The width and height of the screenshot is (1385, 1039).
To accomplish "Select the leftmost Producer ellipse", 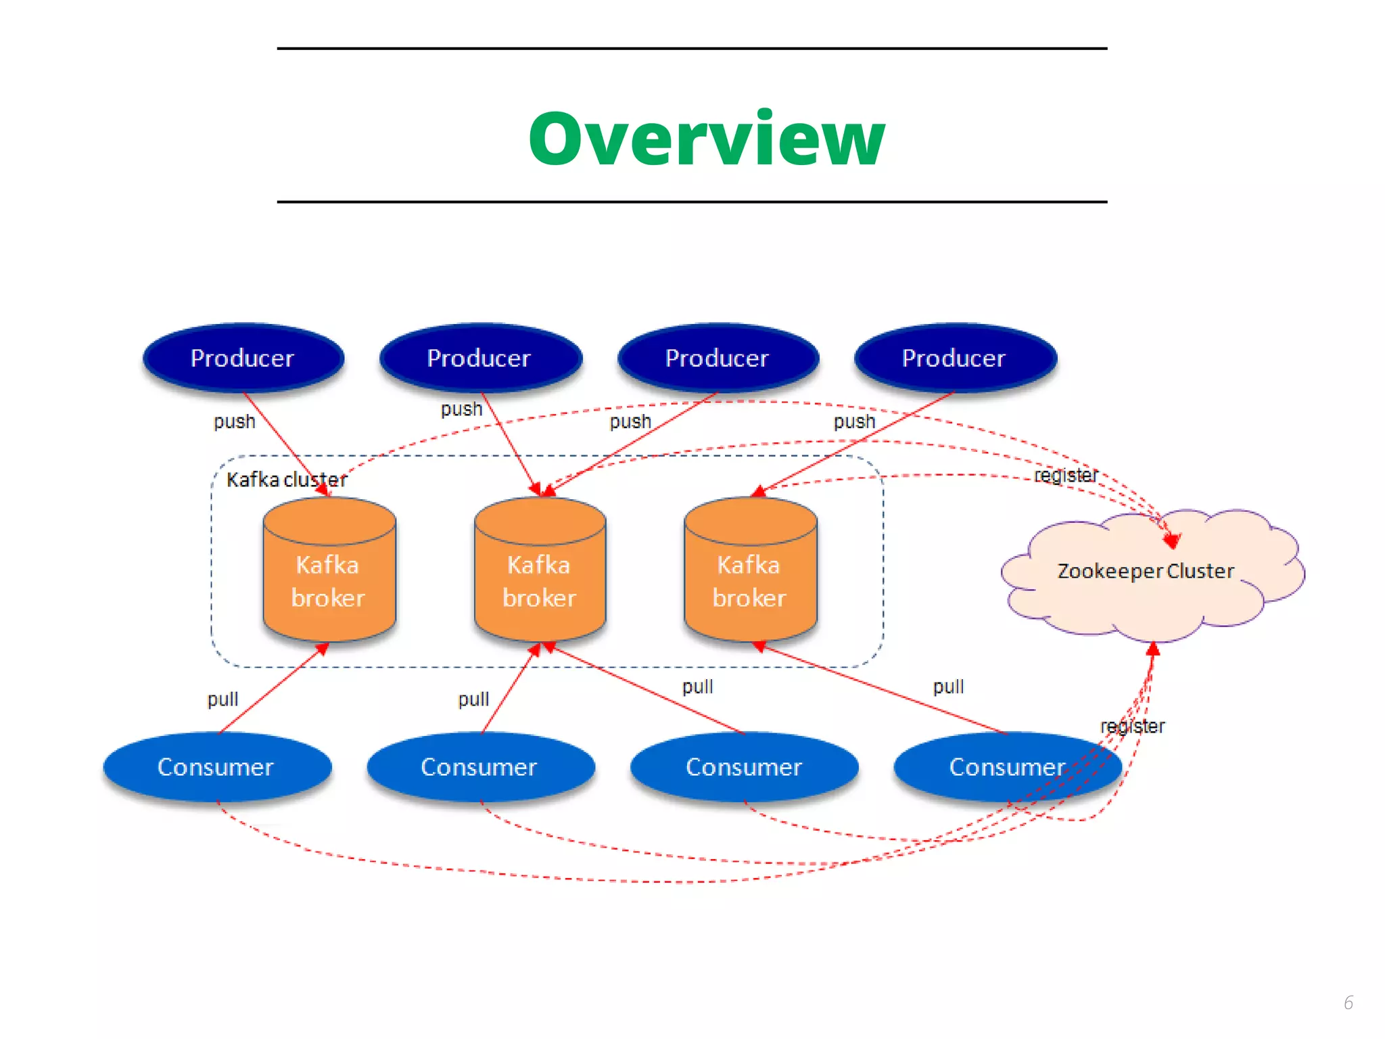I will [243, 358].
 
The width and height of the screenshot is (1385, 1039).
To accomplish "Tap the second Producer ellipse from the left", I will [479, 358].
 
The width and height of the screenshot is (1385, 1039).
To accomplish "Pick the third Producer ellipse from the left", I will [717, 358].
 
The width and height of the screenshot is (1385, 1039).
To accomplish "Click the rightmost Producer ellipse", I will [954, 358].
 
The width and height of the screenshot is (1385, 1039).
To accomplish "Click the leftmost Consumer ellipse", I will [216, 767].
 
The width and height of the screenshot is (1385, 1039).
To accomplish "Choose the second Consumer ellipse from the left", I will [479, 767].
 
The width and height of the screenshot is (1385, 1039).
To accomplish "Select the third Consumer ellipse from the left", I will [744, 767].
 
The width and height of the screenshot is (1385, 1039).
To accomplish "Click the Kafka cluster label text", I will [286, 480].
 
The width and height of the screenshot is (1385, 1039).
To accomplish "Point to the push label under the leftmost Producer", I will [235, 421].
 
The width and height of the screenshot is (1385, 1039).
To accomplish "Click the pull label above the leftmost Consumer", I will [222, 699].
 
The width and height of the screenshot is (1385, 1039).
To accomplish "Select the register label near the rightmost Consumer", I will [1133, 726].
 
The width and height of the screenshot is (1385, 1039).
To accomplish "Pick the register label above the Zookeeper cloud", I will [1066, 476].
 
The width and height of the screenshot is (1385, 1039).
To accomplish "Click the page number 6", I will [1348, 1002].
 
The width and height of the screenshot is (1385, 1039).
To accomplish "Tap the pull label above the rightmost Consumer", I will [949, 687].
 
